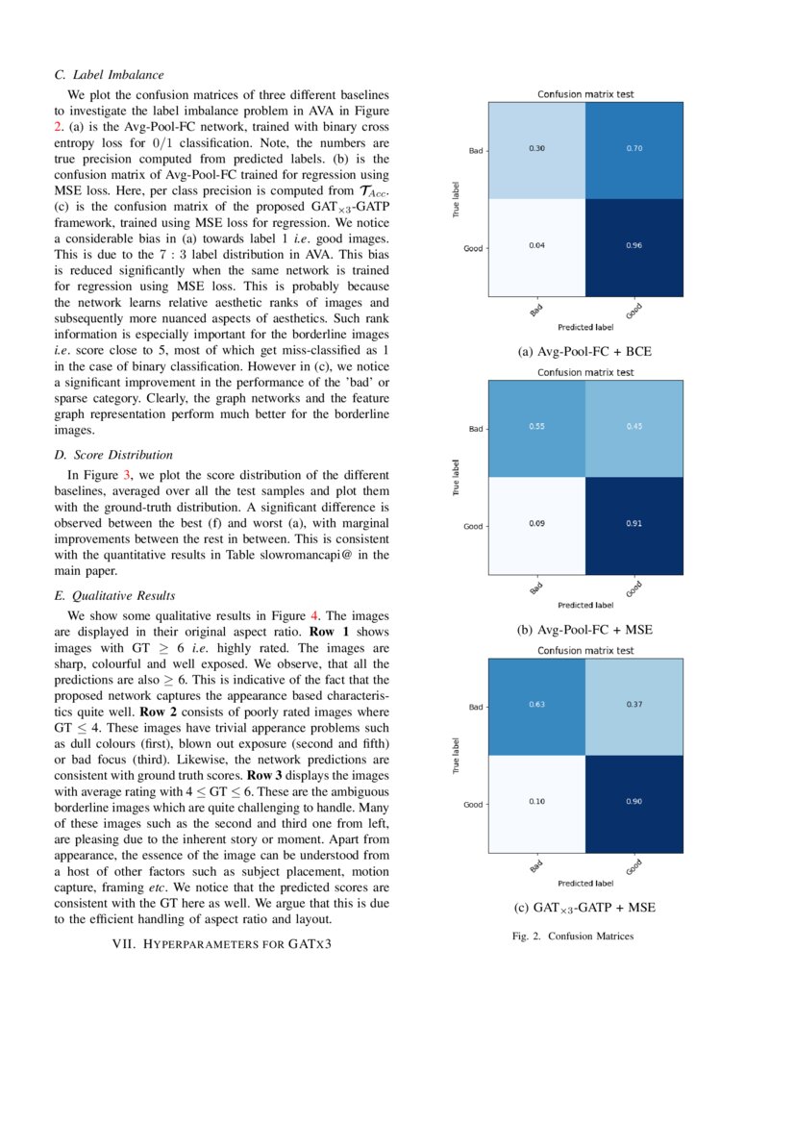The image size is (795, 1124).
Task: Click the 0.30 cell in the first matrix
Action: click(x=537, y=148)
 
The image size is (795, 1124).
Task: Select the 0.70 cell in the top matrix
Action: click(x=634, y=148)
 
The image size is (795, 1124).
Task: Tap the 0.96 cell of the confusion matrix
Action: click(x=634, y=245)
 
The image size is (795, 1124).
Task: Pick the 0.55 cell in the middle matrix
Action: click(x=537, y=427)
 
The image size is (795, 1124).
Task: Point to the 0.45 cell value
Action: click(x=634, y=427)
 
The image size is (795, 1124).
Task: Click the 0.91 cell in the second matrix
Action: click(x=634, y=524)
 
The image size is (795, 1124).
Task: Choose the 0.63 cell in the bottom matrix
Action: click(x=537, y=705)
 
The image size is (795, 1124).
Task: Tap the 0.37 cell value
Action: click(x=634, y=705)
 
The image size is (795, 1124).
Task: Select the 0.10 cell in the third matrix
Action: click(x=537, y=802)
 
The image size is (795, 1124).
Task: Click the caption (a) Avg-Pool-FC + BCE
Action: click(x=584, y=352)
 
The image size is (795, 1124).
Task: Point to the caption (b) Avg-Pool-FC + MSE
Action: click(x=584, y=630)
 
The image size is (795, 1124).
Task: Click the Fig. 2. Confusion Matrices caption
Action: click(x=572, y=936)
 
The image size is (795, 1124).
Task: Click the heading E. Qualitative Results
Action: click(x=115, y=595)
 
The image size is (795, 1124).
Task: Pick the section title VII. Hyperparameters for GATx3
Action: click(x=222, y=944)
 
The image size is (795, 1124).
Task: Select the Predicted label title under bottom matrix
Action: click(x=584, y=883)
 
